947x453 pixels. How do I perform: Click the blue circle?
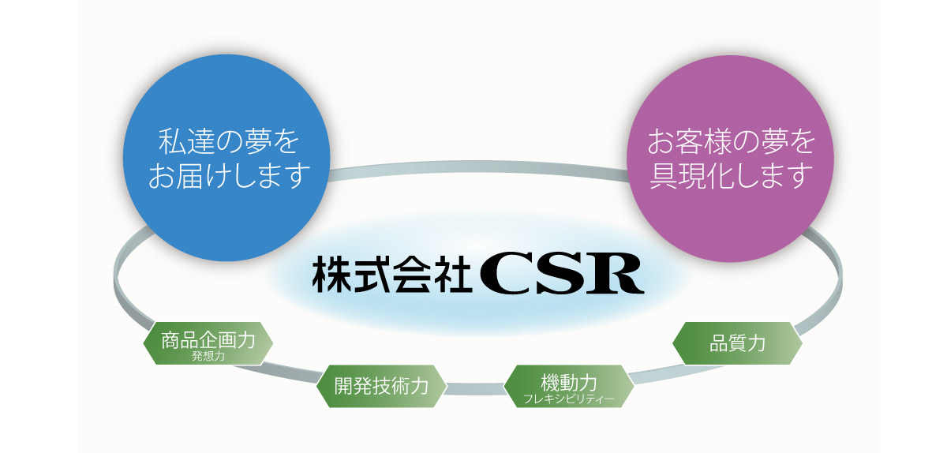point(226,158)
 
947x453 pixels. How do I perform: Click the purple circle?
point(730,159)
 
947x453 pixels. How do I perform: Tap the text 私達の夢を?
point(229,141)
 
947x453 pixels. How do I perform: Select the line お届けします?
point(229,175)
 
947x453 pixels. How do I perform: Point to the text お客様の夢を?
point(731,141)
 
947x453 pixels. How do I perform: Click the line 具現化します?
point(731,175)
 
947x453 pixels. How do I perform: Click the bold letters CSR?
point(562,273)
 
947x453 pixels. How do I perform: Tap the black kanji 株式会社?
point(392,274)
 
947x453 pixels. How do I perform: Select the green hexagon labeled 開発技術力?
point(381,386)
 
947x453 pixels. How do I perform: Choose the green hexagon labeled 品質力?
point(737,343)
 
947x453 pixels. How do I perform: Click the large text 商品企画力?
point(208,340)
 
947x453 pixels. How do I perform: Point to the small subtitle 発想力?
point(208,356)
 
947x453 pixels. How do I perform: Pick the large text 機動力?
point(569,383)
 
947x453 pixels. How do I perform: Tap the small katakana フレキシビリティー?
point(569,399)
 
